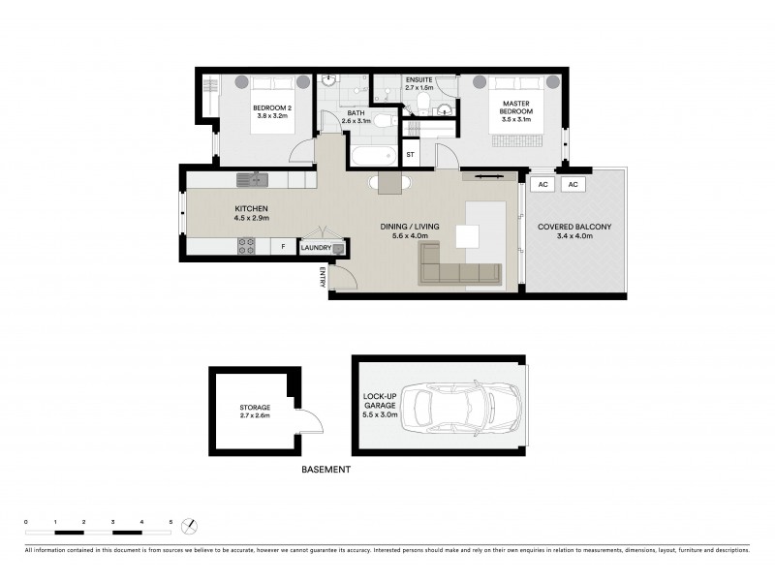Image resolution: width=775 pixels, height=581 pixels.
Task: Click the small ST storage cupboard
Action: (x=411, y=154)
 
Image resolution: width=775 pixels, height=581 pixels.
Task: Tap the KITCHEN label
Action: (x=251, y=214)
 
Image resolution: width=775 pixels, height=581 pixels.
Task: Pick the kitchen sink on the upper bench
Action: (x=253, y=179)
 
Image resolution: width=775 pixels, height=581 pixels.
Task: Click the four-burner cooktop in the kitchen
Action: (x=247, y=247)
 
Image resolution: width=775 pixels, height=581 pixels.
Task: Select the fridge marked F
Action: (x=283, y=248)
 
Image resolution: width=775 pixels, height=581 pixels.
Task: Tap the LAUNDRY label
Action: (x=316, y=249)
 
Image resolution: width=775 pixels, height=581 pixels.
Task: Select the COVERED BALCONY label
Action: (x=574, y=231)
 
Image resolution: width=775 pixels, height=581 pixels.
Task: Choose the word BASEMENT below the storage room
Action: (x=325, y=470)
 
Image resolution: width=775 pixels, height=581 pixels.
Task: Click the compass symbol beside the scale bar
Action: (x=191, y=527)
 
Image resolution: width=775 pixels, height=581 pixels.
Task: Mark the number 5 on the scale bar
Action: (x=170, y=522)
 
